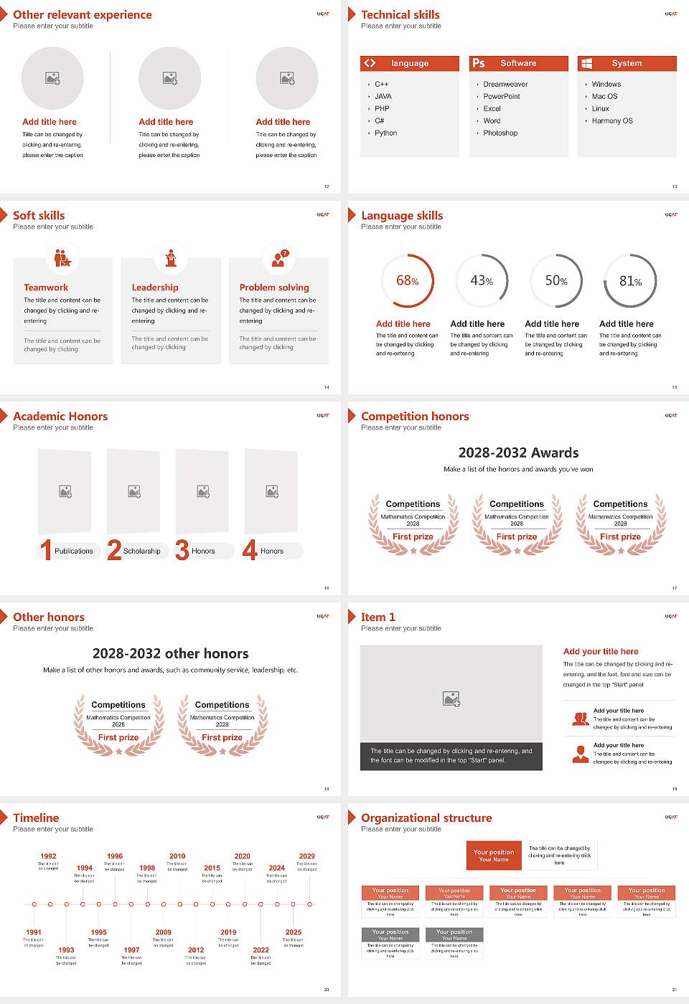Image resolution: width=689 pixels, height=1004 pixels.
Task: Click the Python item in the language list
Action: click(385, 133)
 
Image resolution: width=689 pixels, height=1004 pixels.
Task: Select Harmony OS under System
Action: click(612, 121)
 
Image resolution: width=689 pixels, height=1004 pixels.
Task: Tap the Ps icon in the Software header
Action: click(479, 63)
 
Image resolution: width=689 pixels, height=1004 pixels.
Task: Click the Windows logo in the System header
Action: click(586, 63)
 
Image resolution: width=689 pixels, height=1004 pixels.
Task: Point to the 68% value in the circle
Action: click(407, 281)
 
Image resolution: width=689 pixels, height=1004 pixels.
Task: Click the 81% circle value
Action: click(630, 281)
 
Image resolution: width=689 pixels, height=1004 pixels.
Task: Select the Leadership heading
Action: click(155, 288)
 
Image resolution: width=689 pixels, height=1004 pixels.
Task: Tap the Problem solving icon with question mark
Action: click(279, 258)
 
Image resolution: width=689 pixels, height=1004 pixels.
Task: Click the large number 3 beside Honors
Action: click(182, 550)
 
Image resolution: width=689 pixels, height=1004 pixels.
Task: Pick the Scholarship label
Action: click(141, 551)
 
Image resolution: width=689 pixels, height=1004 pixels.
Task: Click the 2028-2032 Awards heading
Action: click(518, 453)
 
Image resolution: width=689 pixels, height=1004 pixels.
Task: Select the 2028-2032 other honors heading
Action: click(170, 654)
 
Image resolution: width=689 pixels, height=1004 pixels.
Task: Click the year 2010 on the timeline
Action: click(177, 856)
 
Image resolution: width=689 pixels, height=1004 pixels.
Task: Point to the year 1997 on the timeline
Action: click(131, 949)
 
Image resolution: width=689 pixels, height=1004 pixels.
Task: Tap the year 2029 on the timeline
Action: click(306, 856)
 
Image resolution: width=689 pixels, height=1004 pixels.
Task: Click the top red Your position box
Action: click(494, 856)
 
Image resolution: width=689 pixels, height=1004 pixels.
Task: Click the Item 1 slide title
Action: click(378, 617)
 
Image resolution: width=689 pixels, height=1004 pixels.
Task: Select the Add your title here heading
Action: click(601, 652)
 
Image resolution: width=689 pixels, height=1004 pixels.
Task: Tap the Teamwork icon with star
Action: click(63, 258)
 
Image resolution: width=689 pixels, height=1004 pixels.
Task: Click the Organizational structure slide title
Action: click(426, 818)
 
